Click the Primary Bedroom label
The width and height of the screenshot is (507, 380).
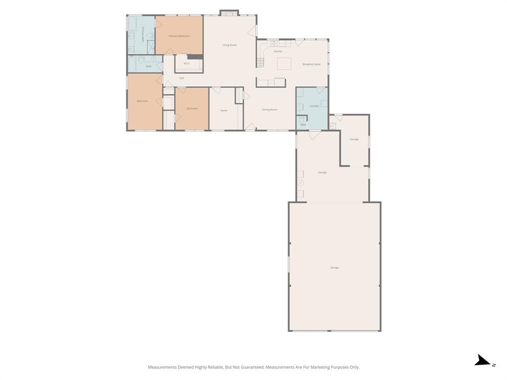click(179, 36)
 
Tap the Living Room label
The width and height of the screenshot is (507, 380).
click(229, 45)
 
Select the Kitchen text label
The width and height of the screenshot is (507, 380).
click(278, 51)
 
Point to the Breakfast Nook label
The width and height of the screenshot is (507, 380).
click(311, 64)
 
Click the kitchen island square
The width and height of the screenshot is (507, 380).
click(284, 64)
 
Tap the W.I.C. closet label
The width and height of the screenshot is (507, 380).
click(187, 63)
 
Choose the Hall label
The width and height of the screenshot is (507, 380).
click(182, 78)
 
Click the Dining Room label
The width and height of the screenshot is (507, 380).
click(269, 110)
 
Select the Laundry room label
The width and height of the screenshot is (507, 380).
click(314, 106)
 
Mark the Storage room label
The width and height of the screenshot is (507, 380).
click(354, 140)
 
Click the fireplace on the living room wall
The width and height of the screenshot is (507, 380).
click(229, 13)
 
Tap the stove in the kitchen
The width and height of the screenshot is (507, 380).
click(260, 62)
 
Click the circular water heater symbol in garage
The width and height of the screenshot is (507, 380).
click(301, 183)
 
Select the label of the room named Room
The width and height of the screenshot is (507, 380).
click(224, 110)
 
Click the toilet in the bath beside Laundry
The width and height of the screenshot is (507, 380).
click(301, 119)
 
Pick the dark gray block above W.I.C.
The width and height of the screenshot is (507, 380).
click(195, 56)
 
